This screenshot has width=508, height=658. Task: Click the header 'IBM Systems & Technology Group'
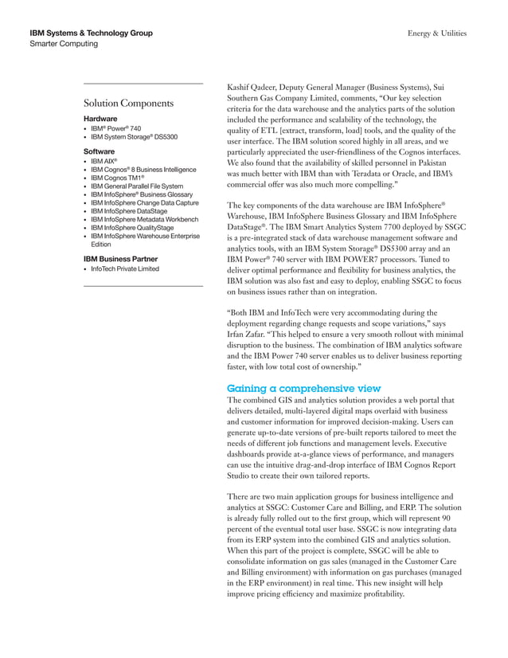[91, 33]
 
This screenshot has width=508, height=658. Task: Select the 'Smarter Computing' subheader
[64, 44]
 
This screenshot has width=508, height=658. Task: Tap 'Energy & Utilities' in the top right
[436, 33]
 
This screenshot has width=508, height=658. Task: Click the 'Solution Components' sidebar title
[128, 104]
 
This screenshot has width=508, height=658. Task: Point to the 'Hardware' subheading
[100, 119]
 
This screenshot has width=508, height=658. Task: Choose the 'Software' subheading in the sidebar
[100, 151]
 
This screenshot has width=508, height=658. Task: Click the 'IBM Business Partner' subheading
[120, 259]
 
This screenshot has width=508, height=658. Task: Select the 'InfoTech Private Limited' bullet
[125, 269]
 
